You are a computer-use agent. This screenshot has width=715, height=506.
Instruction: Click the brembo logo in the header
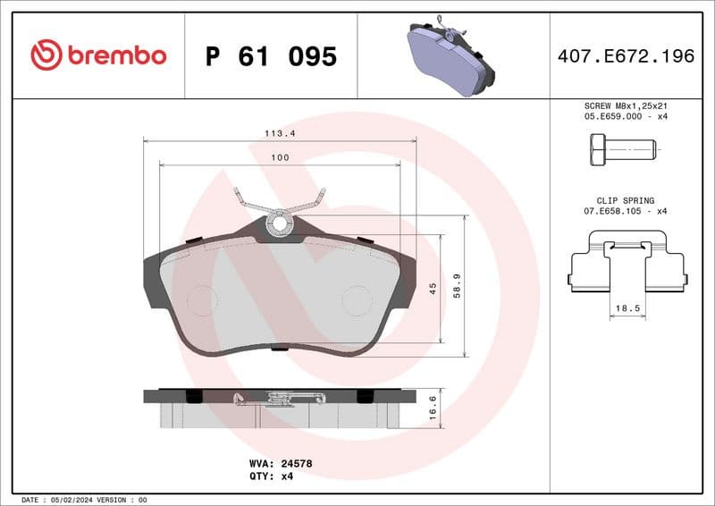coord(98,55)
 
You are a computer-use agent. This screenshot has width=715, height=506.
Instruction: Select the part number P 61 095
coord(271,57)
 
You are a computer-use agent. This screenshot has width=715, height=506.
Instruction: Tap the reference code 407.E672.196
coord(626,56)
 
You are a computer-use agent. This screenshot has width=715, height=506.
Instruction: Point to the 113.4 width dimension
coord(280,133)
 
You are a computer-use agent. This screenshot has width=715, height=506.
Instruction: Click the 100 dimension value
coord(280,157)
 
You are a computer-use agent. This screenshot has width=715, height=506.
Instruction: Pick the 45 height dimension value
coord(433,289)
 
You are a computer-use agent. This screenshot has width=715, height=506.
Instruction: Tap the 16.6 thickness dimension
coord(433,408)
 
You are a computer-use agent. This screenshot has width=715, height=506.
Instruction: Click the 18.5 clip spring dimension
coord(625,308)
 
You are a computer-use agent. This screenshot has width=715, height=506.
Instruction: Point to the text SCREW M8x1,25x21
coord(626,105)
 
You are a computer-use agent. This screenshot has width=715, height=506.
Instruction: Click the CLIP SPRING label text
coord(626,200)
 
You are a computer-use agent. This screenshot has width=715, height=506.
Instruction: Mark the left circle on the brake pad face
coord(202,300)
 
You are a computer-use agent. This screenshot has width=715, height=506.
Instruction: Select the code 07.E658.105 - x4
coord(626,211)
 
